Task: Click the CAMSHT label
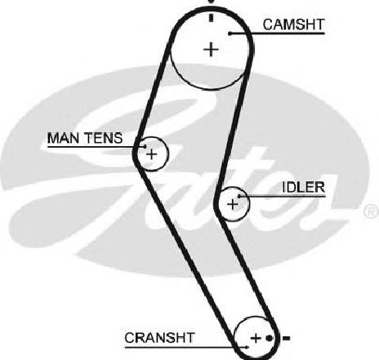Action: pos(293,24)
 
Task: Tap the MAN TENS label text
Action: pos(85,138)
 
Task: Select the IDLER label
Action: pos(304,188)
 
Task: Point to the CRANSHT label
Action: pos(159,338)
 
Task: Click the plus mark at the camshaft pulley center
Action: pos(211,50)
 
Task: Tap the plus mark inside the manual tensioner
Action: pos(152,154)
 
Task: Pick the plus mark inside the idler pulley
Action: pos(233,204)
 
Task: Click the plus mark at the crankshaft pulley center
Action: pos(256,338)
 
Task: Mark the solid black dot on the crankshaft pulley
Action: pos(269,338)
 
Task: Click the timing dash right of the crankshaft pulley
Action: pos(286,339)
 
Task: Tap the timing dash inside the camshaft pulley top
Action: pos(211,17)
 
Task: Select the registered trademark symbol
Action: pos(372,211)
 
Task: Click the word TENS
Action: pos(105,138)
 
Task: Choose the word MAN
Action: pos(65,138)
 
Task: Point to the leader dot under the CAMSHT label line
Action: pos(230,33)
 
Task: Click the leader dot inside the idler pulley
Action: pos(239,196)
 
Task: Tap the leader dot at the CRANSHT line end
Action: pos(247,347)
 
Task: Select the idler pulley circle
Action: pos(249,204)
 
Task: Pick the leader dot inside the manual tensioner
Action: pos(145,146)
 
